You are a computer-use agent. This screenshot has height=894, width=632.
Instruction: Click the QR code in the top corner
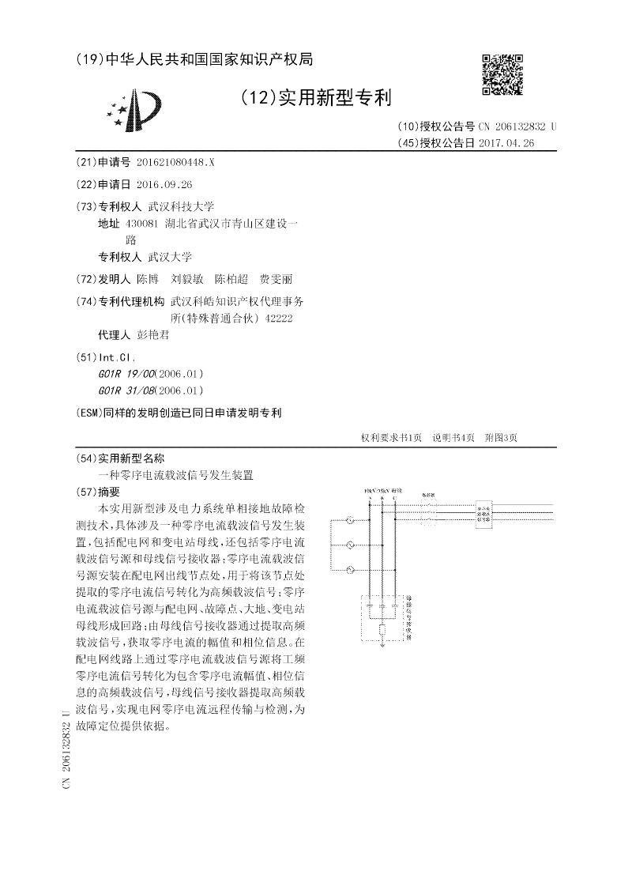click(502, 74)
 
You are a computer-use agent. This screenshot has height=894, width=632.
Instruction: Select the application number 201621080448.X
click(175, 161)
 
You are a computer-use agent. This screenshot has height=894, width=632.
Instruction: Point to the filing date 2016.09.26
click(164, 184)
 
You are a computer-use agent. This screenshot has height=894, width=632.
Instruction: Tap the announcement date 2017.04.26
click(506, 143)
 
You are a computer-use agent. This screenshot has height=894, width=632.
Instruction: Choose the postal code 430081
click(144, 224)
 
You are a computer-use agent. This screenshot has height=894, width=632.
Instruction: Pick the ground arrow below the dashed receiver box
click(382, 647)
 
